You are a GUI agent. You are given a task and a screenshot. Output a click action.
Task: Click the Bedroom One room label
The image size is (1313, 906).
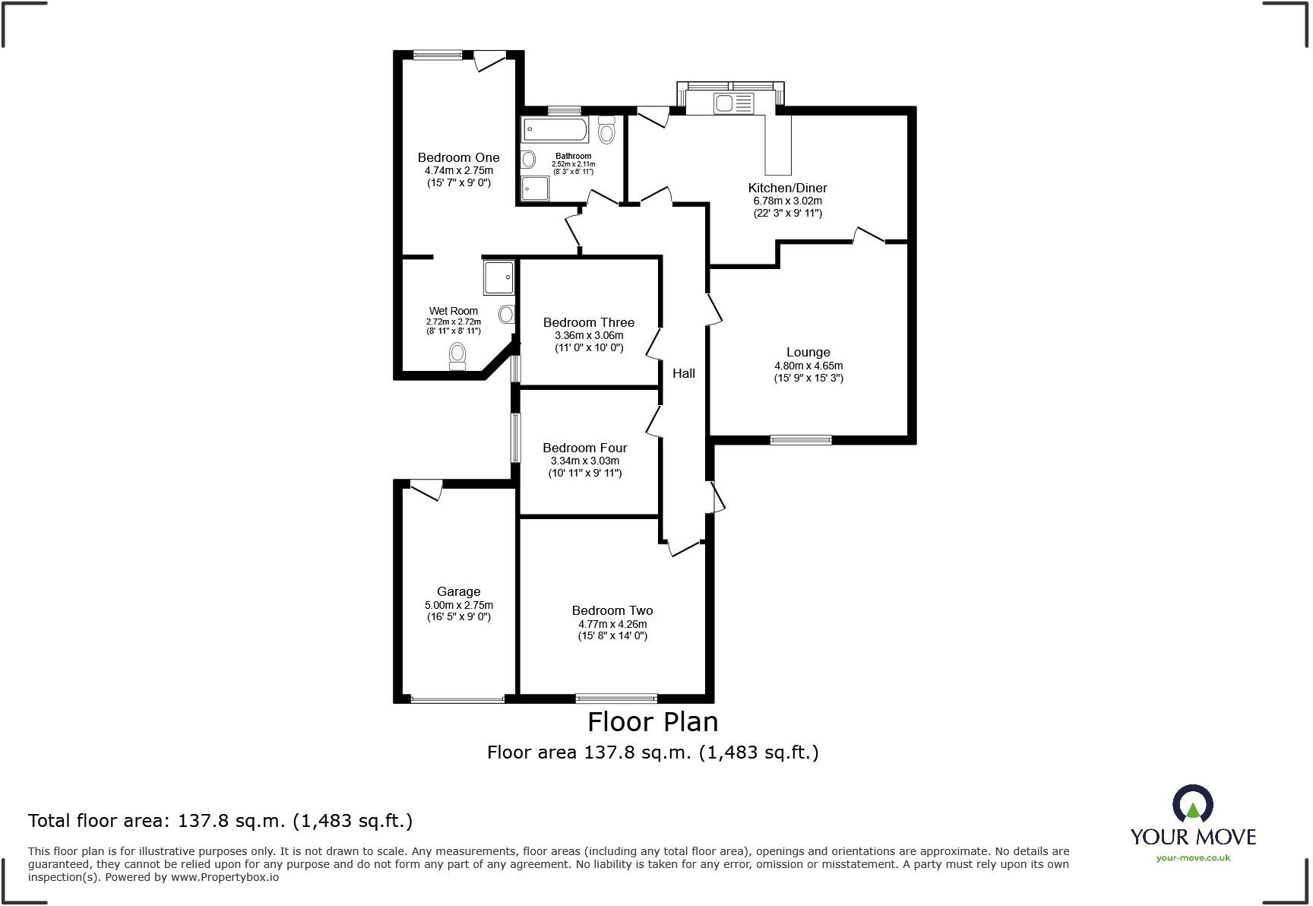pyautogui.click(x=458, y=157)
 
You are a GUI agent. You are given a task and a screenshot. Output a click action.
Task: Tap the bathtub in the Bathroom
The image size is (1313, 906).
pyautogui.click(x=554, y=130)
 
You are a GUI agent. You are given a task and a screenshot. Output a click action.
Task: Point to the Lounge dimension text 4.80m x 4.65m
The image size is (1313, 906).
pyautogui.click(x=808, y=366)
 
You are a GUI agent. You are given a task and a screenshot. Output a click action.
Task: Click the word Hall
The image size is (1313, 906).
pyautogui.click(x=683, y=373)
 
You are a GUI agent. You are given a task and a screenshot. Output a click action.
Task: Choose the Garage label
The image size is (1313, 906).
pyautogui.click(x=458, y=591)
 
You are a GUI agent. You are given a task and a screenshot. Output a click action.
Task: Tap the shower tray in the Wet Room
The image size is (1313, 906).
pyautogui.click(x=498, y=277)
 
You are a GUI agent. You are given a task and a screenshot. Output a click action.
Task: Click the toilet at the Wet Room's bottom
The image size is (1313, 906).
pyautogui.click(x=457, y=354)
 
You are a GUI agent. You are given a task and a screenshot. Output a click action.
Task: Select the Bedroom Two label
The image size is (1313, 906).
pyautogui.click(x=612, y=610)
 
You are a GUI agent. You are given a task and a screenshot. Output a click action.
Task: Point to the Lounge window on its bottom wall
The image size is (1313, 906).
pyautogui.click(x=801, y=439)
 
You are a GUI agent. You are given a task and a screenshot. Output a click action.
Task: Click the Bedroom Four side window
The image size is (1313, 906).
pyautogui.click(x=515, y=438)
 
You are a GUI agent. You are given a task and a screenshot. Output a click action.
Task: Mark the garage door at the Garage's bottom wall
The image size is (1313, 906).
pyautogui.click(x=457, y=699)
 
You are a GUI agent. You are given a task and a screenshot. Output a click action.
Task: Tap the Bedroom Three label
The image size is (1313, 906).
pyautogui.click(x=588, y=322)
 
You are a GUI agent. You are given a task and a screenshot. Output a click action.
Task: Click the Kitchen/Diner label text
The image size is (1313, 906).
pyautogui.click(x=787, y=188)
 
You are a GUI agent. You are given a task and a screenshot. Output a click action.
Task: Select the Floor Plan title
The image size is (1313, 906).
pyautogui.click(x=653, y=721)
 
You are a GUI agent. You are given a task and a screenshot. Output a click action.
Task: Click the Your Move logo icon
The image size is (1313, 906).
pyautogui.click(x=1192, y=804)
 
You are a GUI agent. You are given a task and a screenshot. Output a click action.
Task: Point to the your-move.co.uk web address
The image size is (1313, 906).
pyautogui.click(x=1193, y=857)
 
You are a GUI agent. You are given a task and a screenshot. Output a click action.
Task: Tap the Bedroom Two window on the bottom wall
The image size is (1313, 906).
pyautogui.click(x=616, y=698)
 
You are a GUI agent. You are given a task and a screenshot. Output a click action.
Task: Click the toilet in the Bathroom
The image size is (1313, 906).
pyautogui.click(x=606, y=131)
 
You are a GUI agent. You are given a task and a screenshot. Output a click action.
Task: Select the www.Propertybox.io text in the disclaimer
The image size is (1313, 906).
pyautogui.click(x=224, y=876)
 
